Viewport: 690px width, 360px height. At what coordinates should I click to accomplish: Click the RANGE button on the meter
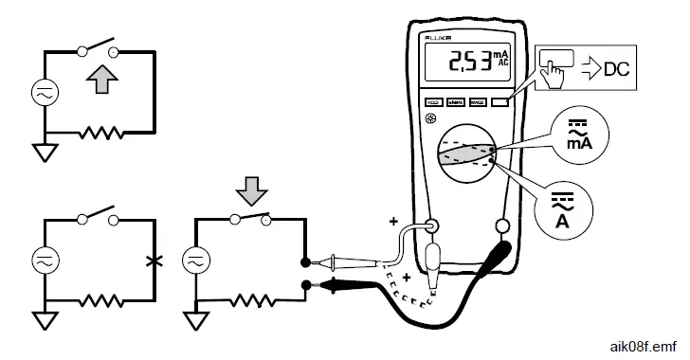[479, 101]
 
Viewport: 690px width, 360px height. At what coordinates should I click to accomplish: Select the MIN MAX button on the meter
[457, 101]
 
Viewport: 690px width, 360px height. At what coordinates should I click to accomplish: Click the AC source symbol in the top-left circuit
[44, 94]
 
